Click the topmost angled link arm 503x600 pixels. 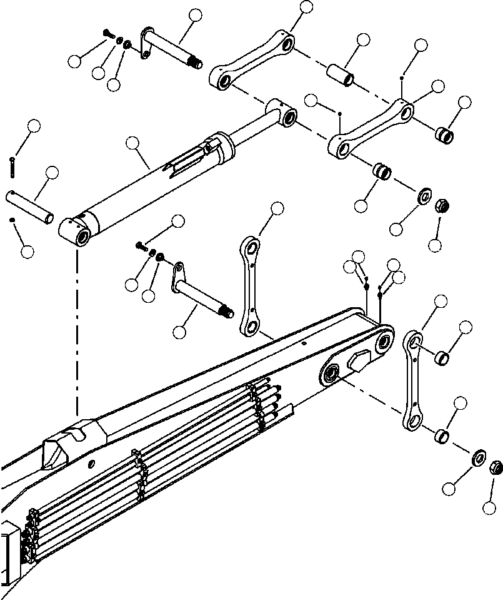(253, 63)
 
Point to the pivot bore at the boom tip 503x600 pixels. (384, 341)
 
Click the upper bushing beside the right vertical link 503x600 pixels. (442, 358)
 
